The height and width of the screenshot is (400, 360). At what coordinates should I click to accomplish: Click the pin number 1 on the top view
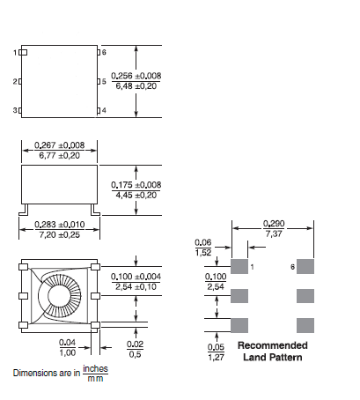(15, 53)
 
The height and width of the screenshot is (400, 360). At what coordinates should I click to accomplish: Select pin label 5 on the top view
(104, 81)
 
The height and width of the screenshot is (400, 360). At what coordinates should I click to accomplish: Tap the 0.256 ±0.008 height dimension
(136, 76)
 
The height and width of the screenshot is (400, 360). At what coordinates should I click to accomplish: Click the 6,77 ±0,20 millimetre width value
(60, 155)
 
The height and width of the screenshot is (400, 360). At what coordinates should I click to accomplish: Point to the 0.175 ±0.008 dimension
(136, 185)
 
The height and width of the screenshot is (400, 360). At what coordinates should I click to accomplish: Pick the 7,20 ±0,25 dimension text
(60, 234)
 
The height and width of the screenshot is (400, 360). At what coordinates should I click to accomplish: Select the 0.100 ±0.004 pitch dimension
(136, 277)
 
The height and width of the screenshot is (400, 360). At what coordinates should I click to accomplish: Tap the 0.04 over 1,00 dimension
(68, 347)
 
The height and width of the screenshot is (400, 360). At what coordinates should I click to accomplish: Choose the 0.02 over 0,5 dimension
(135, 349)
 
